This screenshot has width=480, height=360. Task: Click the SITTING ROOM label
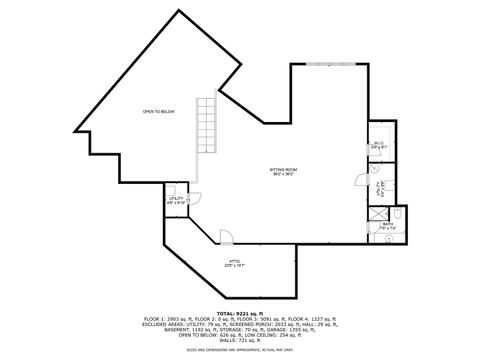[x=283, y=169]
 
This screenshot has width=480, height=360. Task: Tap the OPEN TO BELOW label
[x=158, y=112]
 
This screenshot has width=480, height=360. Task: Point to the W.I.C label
[x=377, y=142]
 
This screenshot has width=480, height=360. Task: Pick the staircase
[x=205, y=125]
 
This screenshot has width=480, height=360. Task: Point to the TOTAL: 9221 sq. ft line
[x=240, y=312]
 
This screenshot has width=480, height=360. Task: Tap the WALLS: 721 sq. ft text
[x=240, y=340]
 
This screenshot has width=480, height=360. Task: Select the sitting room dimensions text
[x=283, y=174]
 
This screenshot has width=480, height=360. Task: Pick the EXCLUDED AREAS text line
[x=240, y=323]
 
